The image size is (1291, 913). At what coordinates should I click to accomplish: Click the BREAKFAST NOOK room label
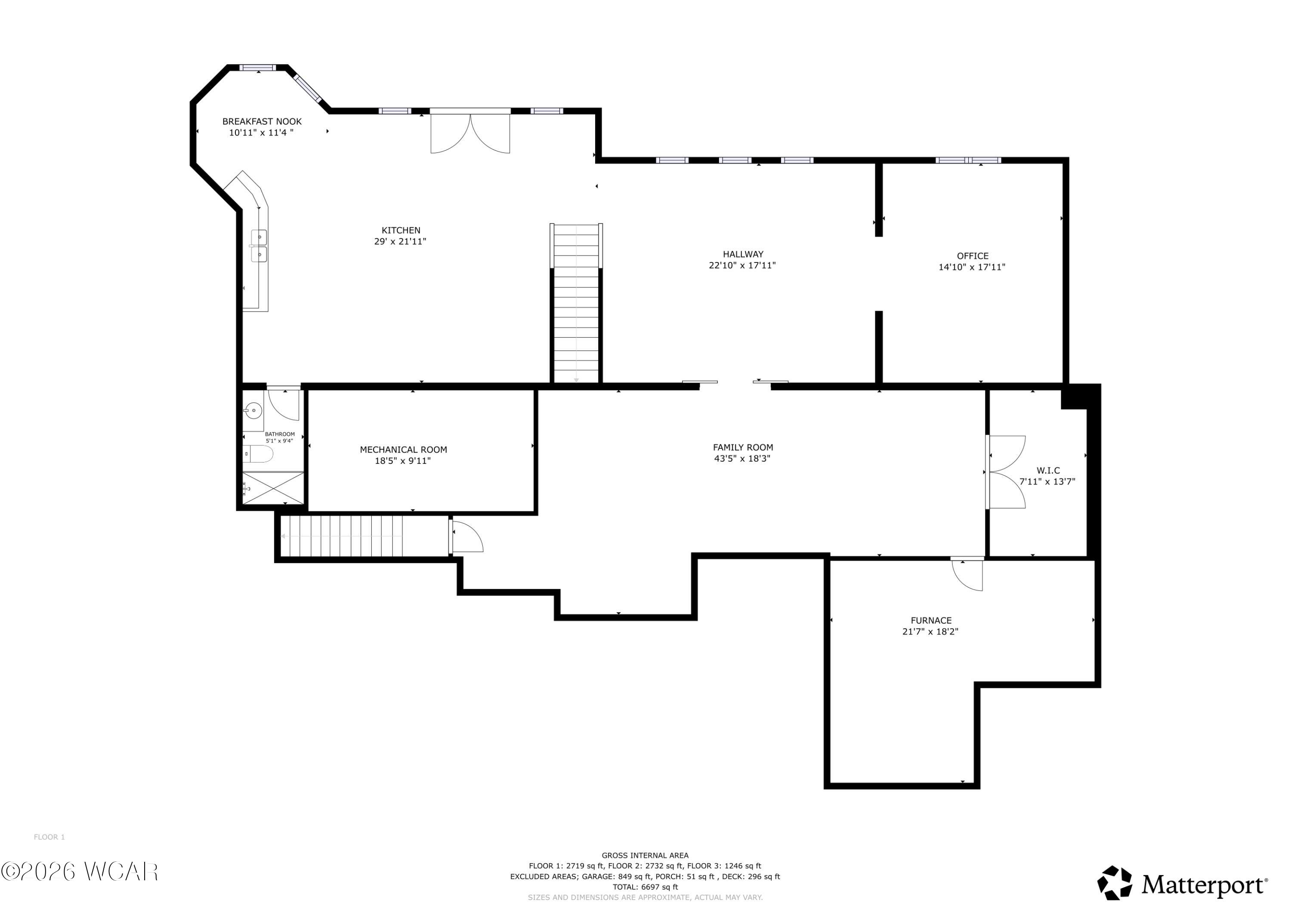click(x=262, y=121)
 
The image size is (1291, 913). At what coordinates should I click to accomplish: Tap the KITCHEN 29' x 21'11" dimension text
click(x=400, y=242)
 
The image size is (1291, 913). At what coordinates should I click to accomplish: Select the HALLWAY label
click(x=743, y=254)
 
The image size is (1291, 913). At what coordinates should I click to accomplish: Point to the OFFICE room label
click(x=972, y=256)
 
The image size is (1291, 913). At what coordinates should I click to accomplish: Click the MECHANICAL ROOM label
click(x=403, y=450)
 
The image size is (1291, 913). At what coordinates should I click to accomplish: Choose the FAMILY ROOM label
click(x=743, y=447)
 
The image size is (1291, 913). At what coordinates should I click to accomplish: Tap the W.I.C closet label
click(x=1048, y=471)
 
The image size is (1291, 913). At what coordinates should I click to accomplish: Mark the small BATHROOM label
click(x=279, y=434)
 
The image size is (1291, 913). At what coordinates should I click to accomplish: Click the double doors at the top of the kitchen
click(x=470, y=132)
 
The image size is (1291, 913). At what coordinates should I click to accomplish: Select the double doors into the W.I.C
click(x=1006, y=472)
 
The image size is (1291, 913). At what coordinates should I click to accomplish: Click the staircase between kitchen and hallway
click(x=576, y=304)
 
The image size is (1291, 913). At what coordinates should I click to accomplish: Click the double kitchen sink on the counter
click(x=259, y=246)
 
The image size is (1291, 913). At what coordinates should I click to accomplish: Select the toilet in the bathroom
click(x=259, y=453)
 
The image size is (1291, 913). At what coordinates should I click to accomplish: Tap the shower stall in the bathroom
click(x=273, y=487)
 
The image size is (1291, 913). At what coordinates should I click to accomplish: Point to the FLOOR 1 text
click(x=49, y=837)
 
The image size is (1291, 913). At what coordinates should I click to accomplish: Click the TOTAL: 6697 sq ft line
click(x=645, y=887)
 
